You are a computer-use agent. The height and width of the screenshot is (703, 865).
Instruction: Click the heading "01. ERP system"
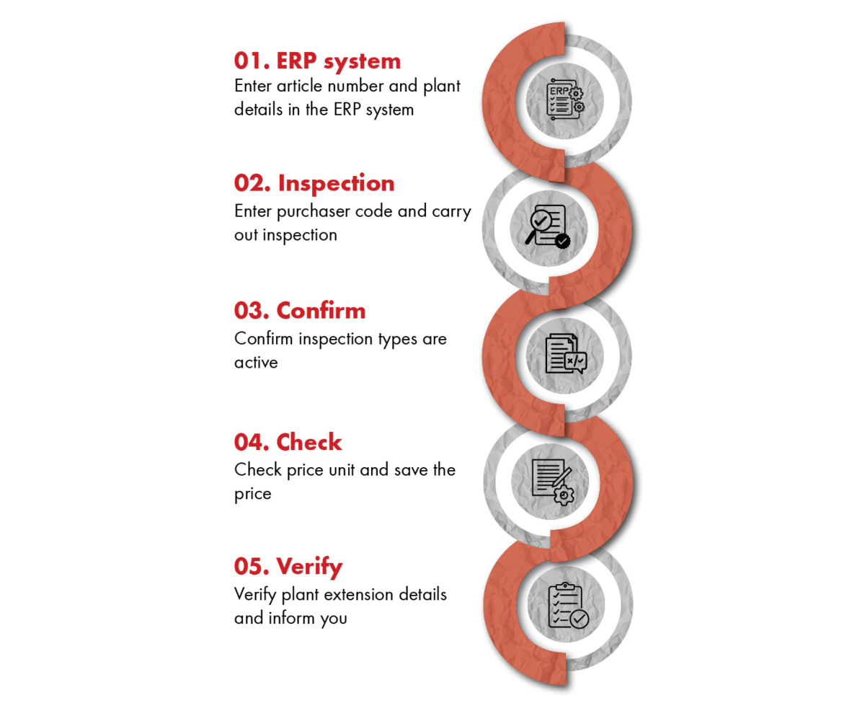[x=317, y=61]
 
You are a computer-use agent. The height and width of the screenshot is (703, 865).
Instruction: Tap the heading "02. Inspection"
[x=314, y=182]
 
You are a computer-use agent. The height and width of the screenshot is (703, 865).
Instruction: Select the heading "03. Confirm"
[x=300, y=311]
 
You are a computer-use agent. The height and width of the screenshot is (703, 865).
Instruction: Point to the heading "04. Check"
[x=288, y=442]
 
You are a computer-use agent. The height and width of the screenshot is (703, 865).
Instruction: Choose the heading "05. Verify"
[x=288, y=567]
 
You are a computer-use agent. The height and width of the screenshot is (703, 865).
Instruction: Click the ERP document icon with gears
[x=564, y=100]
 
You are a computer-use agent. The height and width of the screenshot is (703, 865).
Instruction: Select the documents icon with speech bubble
[x=565, y=353]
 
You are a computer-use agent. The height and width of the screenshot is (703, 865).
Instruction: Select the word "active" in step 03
[x=256, y=362]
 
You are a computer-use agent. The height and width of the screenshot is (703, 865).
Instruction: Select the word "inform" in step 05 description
[x=292, y=618]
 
